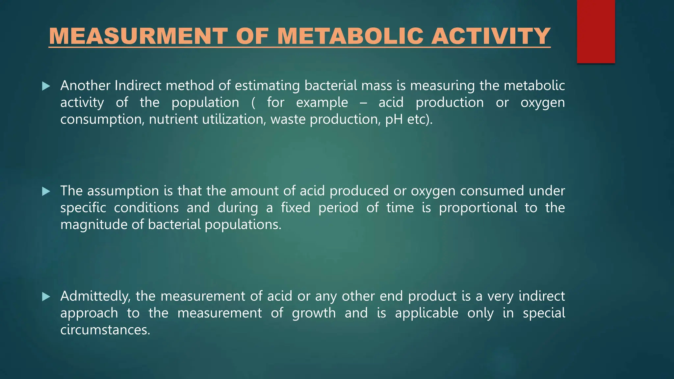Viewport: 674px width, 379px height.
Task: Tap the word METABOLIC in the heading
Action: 350,36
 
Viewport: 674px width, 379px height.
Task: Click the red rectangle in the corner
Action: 596,32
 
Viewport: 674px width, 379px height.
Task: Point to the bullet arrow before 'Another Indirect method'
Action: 46,87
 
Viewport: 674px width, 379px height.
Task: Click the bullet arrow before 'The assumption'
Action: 46,191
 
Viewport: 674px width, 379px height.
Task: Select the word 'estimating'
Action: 267,86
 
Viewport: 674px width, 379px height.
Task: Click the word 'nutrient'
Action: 173,119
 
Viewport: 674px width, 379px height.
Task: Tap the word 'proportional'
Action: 478,208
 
